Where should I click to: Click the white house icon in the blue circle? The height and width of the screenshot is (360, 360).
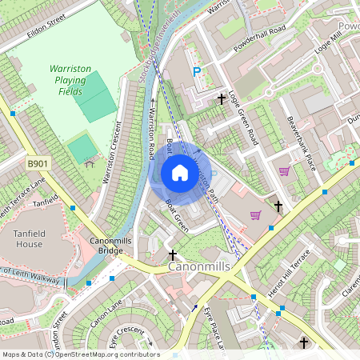coord(180,173)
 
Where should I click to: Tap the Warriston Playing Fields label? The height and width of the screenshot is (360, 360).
coord(71,81)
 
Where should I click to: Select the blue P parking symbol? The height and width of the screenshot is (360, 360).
coord(197,73)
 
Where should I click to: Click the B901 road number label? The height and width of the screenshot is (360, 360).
coord(38,163)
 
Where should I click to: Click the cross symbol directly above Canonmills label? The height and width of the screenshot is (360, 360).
coord(172,255)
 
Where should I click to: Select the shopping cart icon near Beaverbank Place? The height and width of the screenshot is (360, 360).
coord(283,171)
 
